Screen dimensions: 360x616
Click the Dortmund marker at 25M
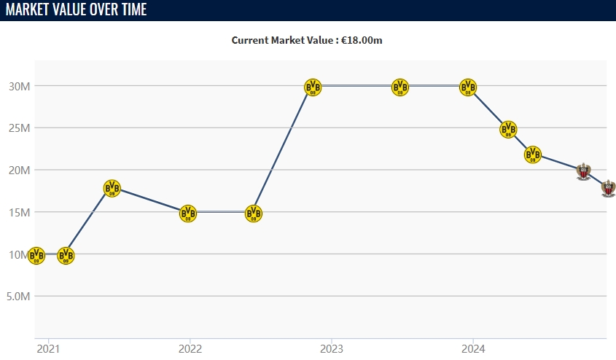click(508, 130)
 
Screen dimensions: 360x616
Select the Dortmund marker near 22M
click(533, 154)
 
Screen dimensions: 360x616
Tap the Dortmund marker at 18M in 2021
click(112, 188)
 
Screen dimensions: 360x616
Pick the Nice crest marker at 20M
click(582, 171)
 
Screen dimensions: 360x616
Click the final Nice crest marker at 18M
click(608, 187)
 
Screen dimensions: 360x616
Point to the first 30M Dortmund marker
click(312, 87)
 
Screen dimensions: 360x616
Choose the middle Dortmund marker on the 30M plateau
click(400, 87)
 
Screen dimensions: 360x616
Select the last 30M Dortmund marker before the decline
click(469, 87)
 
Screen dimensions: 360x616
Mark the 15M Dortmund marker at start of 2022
click(188, 214)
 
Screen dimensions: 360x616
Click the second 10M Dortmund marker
click(66, 256)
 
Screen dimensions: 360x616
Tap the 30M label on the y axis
click(19, 86)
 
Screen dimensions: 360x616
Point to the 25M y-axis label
click(19, 128)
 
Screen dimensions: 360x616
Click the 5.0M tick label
click(17, 297)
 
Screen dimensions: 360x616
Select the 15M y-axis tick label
click(19, 212)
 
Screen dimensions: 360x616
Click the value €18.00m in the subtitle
click(362, 40)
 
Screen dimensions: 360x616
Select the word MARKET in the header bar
click(28, 10)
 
